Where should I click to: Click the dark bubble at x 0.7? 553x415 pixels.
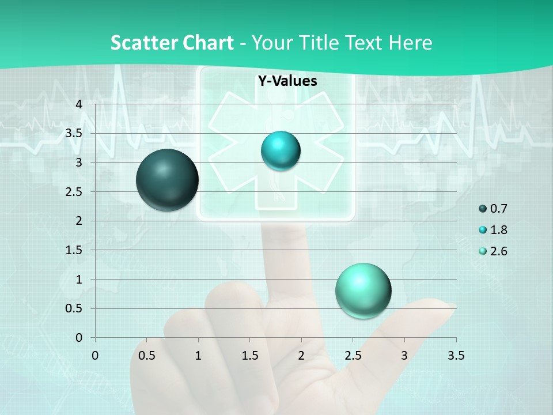pos(168,180)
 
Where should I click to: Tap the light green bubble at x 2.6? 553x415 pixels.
pos(363,290)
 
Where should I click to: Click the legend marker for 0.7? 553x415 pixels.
pos(483,209)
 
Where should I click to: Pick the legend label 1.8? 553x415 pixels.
pos(499,230)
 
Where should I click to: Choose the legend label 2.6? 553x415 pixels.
pos(499,251)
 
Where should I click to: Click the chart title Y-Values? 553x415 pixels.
pos(287,81)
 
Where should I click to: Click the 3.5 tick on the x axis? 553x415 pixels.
pos(456,356)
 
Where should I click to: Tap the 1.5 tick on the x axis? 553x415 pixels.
pos(249,356)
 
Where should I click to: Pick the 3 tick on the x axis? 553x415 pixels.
pos(404,356)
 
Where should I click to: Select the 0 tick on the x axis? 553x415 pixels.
pos(95,356)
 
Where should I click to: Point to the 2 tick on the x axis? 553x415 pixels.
pos(301,356)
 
